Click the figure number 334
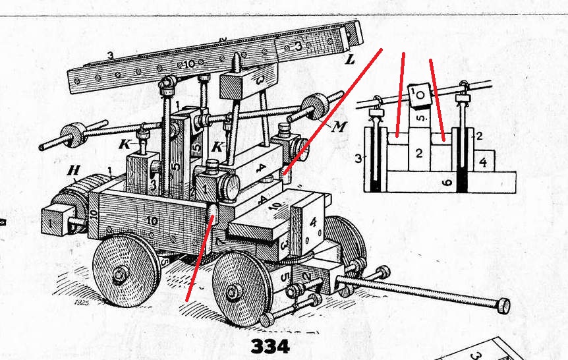tap(269, 345)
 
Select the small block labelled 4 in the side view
tap(483, 160)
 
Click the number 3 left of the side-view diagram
tap(358, 158)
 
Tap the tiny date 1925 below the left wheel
tap(83, 303)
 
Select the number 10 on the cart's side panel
tap(152, 222)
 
